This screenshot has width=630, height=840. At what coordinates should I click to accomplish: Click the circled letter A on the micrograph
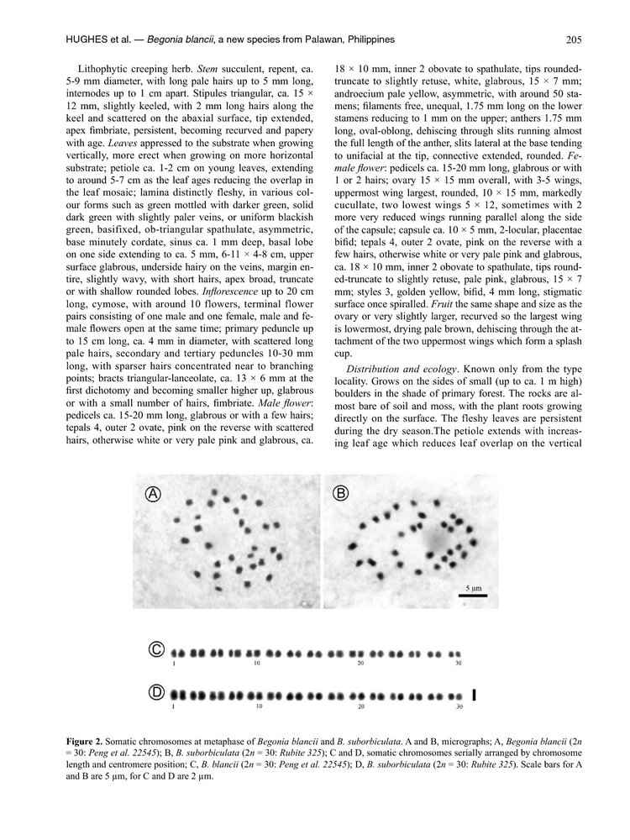154,494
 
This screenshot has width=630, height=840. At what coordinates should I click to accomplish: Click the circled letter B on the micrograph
341,493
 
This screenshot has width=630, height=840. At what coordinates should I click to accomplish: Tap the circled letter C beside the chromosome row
156,648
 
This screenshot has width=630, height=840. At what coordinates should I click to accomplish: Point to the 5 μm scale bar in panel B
473,595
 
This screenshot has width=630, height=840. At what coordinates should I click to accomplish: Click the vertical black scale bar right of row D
475,695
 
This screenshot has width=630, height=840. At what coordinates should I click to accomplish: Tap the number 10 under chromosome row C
256,664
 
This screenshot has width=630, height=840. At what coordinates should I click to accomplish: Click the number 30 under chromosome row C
459,664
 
